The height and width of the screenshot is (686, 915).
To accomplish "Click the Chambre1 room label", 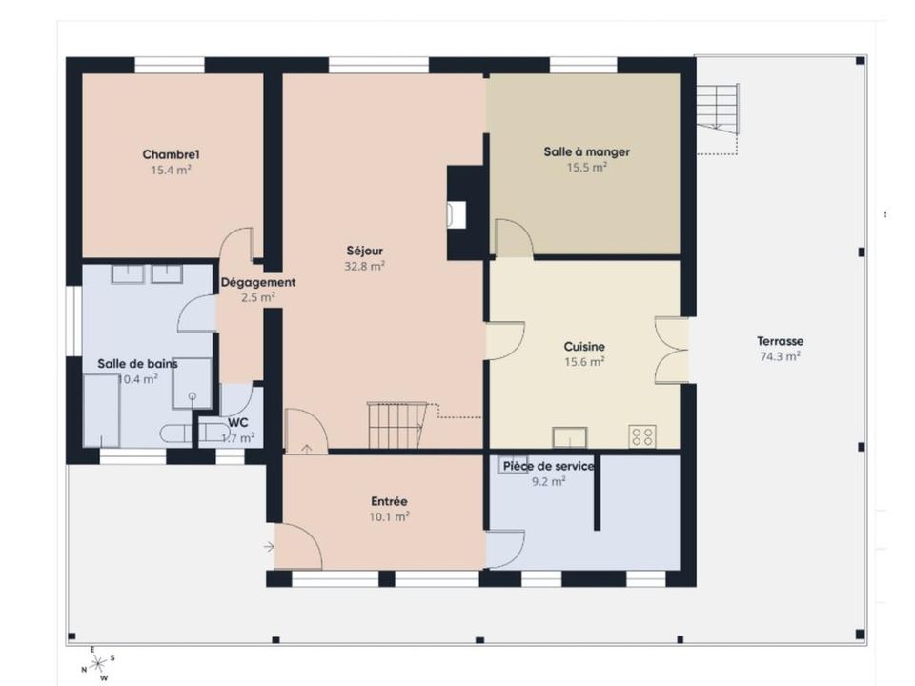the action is click(171, 154).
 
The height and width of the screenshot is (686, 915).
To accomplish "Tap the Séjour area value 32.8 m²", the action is click(365, 267).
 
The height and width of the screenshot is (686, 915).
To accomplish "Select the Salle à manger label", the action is click(586, 151).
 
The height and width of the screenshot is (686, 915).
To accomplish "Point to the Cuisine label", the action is click(584, 347).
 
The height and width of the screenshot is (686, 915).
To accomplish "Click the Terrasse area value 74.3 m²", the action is click(781, 356).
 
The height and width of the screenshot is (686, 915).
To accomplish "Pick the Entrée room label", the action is click(389, 501).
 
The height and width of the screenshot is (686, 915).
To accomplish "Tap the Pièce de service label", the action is click(549, 466).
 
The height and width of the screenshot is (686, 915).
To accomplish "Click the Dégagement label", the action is click(258, 282).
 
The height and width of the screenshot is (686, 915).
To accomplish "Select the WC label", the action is click(237, 422).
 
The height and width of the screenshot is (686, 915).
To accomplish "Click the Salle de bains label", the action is click(137, 364).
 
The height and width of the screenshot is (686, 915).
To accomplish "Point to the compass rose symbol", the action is click(97, 663).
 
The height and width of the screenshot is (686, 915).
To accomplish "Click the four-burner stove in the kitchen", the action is click(642, 436).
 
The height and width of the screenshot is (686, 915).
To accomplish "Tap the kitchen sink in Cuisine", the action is click(570, 437).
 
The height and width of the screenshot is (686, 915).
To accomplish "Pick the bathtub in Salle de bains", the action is click(102, 411).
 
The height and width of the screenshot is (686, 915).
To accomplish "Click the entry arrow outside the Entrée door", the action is click(269, 547).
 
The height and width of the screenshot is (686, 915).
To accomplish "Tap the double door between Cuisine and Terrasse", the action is click(671, 351).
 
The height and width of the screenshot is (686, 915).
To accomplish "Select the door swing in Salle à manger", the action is click(514, 237).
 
